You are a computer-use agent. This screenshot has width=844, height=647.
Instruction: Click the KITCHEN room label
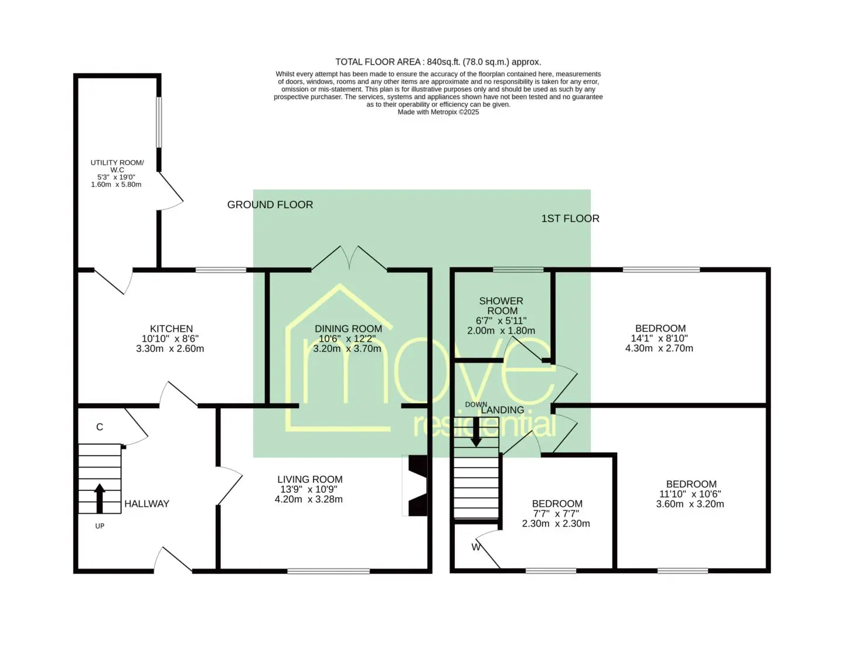pyautogui.click(x=171, y=328)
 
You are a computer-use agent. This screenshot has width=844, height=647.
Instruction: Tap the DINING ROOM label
pyautogui.click(x=348, y=328)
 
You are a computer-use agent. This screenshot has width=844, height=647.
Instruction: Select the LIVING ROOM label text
pyautogui.click(x=309, y=479)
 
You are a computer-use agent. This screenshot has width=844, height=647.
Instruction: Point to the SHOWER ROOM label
pyautogui.click(x=501, y=306)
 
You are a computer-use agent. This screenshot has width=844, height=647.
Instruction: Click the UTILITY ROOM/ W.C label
pyautogui.click(x=117, y=167)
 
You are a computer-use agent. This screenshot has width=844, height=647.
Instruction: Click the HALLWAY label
pyautogui.click(x=147, y=504)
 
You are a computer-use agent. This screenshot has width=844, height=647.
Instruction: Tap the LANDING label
pyautogui.click(x=503, y=410)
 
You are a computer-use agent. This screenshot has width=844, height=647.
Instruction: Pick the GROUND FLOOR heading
pyautogui.click(x=270, y=205)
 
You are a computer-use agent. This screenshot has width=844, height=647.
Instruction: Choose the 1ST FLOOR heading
pyautogui.click(x=570, y=218)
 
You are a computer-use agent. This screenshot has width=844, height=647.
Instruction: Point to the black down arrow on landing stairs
pyautogui.click(x=476, y=432)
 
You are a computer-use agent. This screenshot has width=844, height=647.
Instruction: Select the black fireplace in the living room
pyautogui.click(x=417, y=486)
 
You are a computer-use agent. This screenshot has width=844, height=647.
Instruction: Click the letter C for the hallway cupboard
pyautogui.click(x=100, y=427)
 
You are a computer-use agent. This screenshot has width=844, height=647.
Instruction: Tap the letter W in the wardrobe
pyautogui.click(x=476, y=547)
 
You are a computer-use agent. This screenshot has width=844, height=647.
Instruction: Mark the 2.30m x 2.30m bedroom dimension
pyautogui.click(x=556, y=524)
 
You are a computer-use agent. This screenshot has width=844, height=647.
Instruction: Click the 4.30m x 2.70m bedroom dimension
pyautogui.click(x=659, y=348)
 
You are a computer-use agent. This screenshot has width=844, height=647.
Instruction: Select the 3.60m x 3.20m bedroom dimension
pyautogui.click(x=690, y=504)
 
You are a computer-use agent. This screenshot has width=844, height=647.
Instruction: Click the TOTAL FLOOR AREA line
pyautogui.click(x=438, y=62)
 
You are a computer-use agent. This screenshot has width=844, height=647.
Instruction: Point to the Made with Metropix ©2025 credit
pyautogui.click(x=438, y=112)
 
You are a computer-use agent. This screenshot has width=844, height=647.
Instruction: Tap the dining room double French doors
pyautogui.click(x=349, y=258)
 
